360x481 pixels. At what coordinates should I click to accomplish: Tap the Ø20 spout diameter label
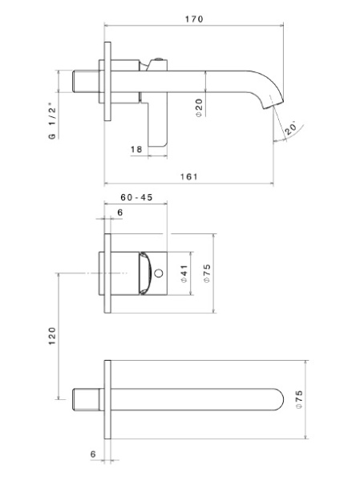199,107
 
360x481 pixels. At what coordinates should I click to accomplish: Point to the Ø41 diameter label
184,273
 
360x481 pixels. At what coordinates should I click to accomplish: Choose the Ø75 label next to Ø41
207,273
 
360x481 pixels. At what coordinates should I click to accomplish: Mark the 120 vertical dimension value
51,335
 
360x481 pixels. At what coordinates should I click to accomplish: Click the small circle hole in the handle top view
160,274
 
